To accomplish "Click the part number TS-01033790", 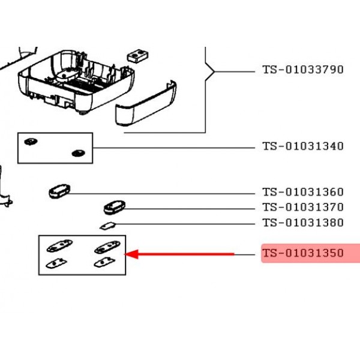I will pos(302,70).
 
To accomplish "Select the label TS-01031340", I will pos(302,146).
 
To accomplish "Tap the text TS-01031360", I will pos(302,193).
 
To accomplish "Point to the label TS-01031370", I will pos(302,208).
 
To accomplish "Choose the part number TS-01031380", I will pos(302,223).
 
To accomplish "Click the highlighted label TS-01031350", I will pos(302,254).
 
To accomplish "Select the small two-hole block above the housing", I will pos(137,55).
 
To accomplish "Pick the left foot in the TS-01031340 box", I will pos(30,142).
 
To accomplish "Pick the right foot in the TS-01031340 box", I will pos(77,153).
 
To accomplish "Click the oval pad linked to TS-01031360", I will pos(59,191).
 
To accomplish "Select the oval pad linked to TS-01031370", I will pos(113,208).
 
